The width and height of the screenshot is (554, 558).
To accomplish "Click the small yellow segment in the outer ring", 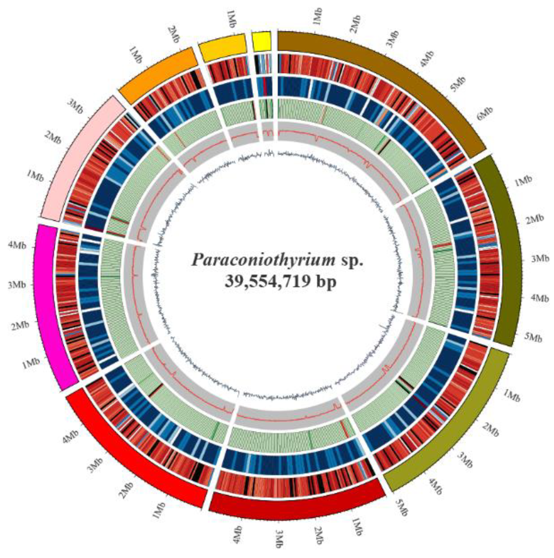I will click(261, 41).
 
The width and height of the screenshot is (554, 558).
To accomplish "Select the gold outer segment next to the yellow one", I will click(223, 48).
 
